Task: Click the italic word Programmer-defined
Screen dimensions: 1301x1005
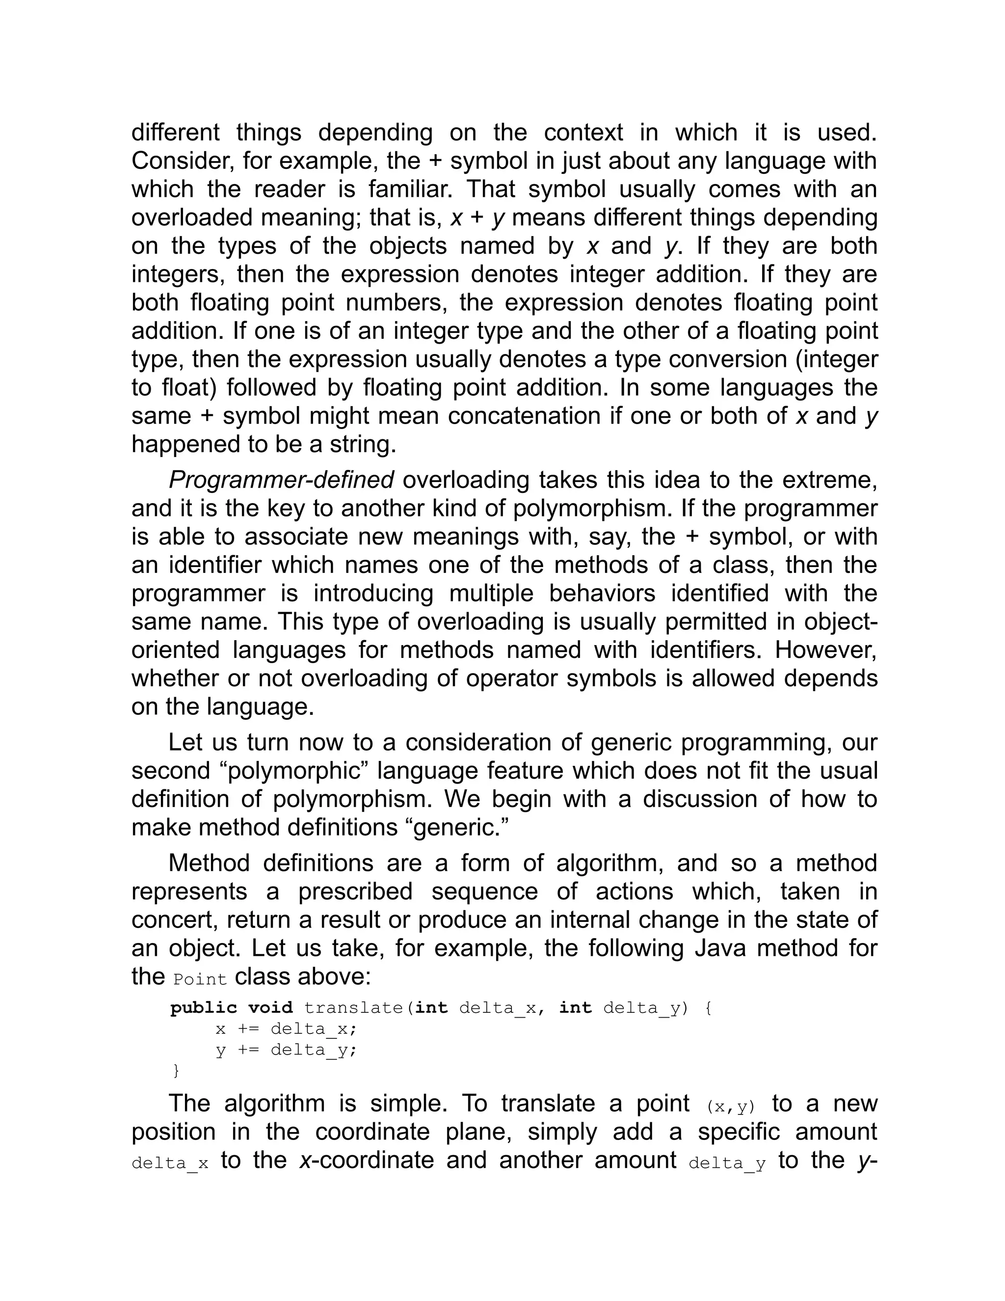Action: coord(281,480)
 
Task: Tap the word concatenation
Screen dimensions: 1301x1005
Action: coord(524,416)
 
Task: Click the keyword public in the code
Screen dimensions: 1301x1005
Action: coord(204,1008)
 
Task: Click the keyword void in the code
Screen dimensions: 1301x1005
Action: coord(270,1008)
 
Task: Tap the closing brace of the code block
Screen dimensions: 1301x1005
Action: coord(176,1070)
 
